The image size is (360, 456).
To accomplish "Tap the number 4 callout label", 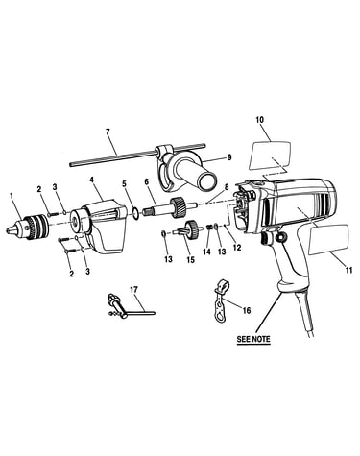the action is tap(92, 180).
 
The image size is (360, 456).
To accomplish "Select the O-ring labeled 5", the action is tap(135, 213).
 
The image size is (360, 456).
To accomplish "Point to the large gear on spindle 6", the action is tap(177, 208).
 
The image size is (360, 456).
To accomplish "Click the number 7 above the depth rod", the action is tap(108, 132).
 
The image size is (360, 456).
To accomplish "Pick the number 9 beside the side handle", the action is tap(228, 157).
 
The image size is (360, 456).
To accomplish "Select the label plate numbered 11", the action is tap(327, 240).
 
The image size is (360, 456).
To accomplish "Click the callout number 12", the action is tap(237, 248).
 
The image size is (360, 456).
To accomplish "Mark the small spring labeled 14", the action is tap(210, 228).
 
